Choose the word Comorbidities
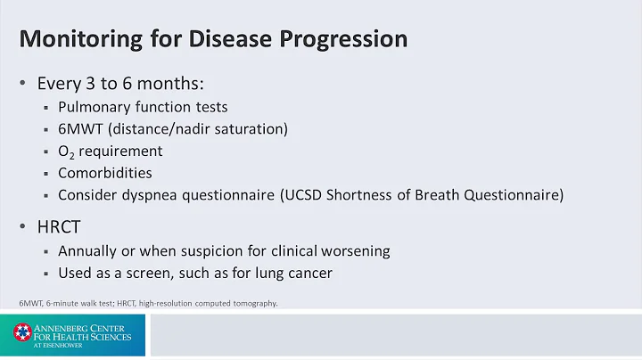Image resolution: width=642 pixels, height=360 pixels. coord(105,173)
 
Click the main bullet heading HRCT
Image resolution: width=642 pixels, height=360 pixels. coord(61,227)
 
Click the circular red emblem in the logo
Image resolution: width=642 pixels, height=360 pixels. coord(21,334)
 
